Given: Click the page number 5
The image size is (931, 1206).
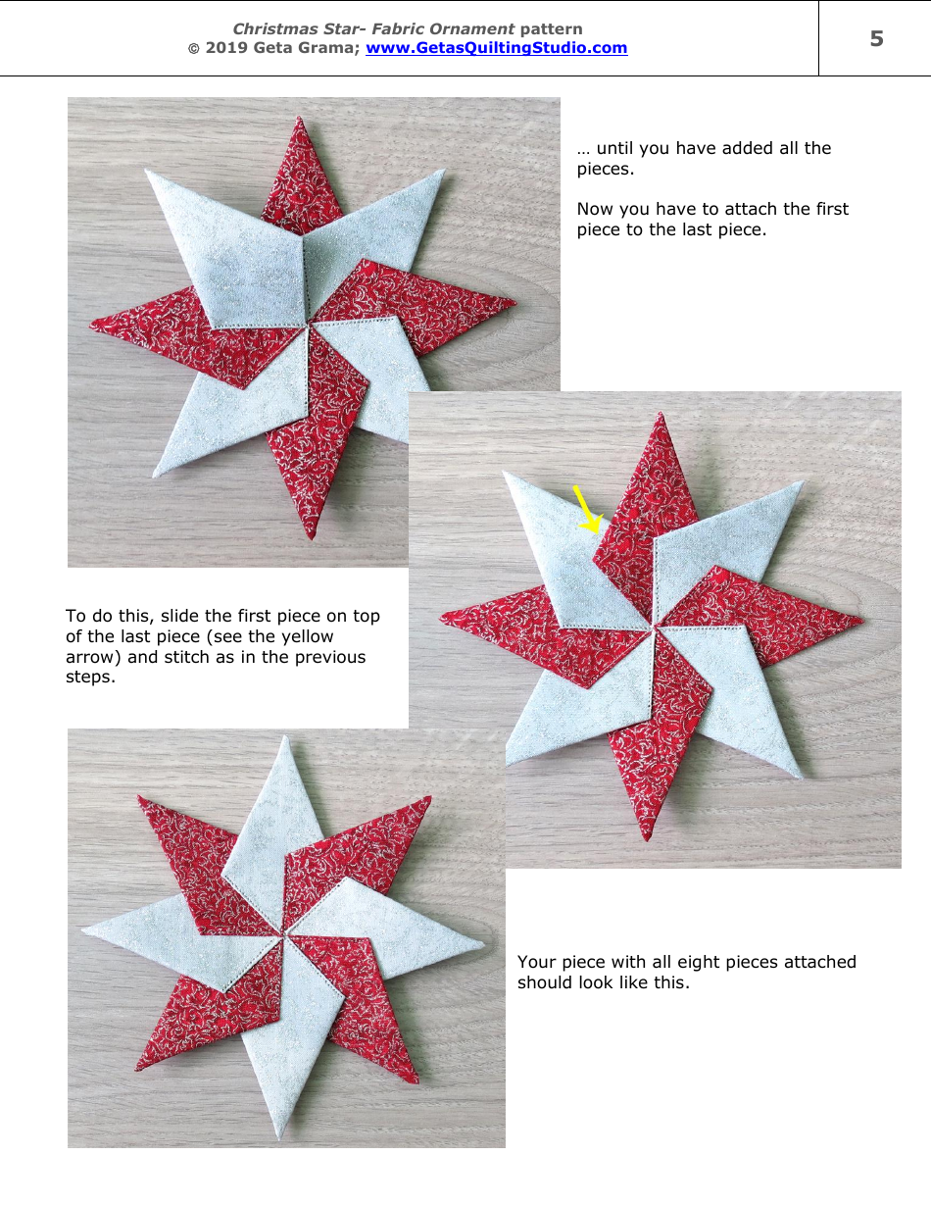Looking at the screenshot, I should (876, 39).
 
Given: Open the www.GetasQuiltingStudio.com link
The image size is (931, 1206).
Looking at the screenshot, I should (496, 48).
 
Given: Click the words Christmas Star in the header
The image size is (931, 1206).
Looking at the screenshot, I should (292, 29).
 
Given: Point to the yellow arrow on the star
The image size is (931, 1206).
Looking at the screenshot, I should (587, 510).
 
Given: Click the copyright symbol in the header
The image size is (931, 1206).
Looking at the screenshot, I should (193, 48).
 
